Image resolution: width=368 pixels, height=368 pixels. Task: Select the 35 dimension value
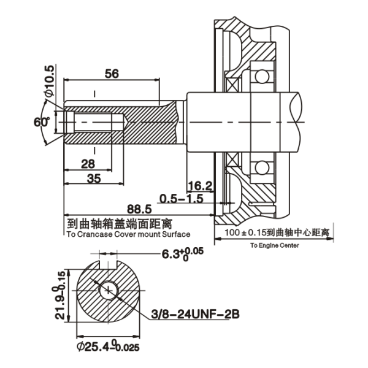93,178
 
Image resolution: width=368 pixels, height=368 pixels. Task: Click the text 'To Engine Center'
274,245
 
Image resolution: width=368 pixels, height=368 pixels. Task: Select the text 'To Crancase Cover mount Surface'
128,234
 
